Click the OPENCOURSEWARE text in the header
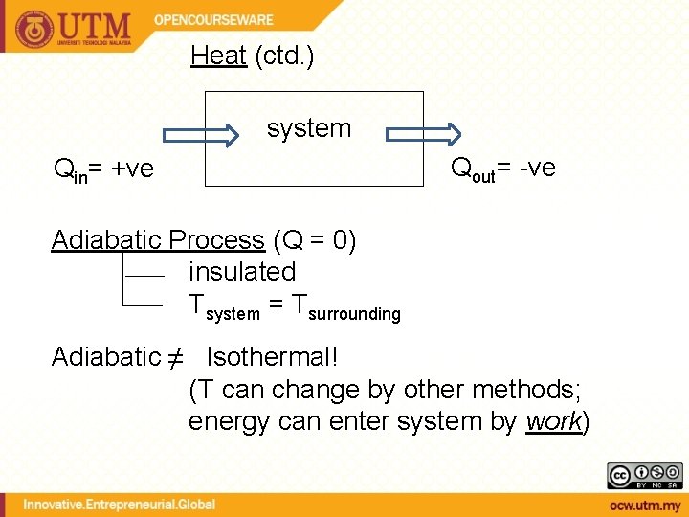pos(214,19)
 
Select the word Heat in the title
pos(218,56)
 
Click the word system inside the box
pos(309,128)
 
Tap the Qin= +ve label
pos(103,170)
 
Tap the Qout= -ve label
pos(502,169)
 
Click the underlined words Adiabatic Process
pos(158,239)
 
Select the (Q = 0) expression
pos(315,239)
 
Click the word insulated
pos(242,272)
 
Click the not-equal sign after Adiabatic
pos(175,358)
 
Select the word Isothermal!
pos(273,357)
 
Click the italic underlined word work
pos(554,421)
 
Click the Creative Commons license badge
pos(644,476)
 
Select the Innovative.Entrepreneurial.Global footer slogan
pos(119,504)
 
